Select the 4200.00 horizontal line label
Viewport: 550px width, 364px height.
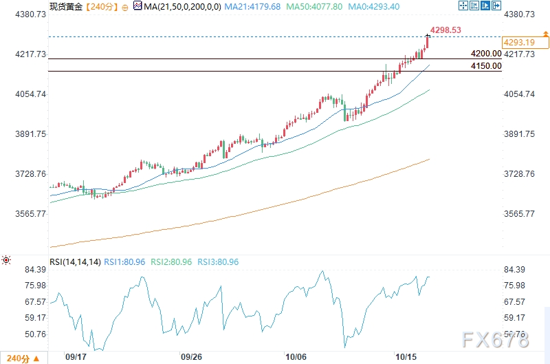click(486, 54)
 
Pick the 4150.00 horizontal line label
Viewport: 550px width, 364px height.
click(486, 66)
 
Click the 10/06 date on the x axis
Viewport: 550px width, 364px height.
click(296, 358)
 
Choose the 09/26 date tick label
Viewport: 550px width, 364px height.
click(190, 358)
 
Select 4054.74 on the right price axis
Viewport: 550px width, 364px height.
click(520, 94)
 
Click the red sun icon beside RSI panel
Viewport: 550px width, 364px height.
click(6, 260)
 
